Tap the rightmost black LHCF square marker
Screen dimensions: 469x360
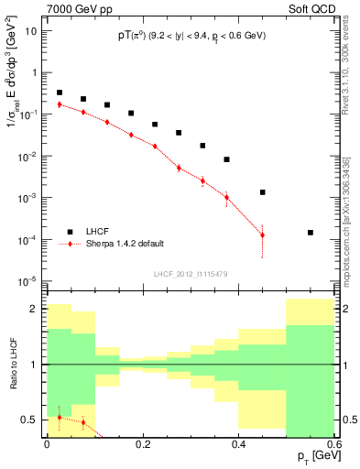311,233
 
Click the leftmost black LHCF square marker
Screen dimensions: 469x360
60,93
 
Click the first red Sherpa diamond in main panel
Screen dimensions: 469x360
60,104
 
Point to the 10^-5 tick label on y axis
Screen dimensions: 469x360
27,280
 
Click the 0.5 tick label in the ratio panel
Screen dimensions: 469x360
29,420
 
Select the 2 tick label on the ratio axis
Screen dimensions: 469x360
33,309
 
